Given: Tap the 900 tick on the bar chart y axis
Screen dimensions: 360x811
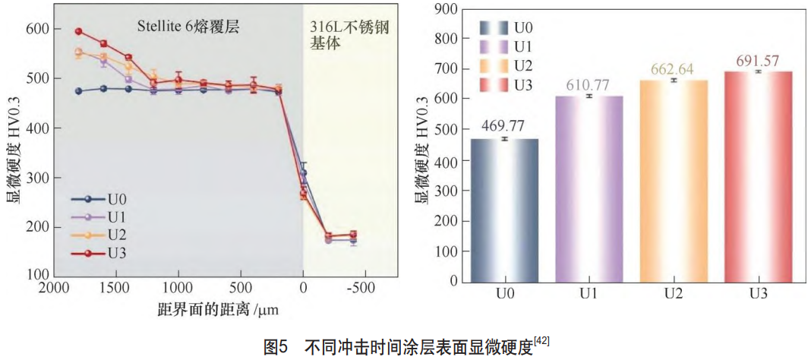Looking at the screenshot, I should point(446,9).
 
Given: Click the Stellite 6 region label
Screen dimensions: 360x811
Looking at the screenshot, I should point(188,26).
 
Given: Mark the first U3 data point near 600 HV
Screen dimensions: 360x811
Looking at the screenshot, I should point(78,32).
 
